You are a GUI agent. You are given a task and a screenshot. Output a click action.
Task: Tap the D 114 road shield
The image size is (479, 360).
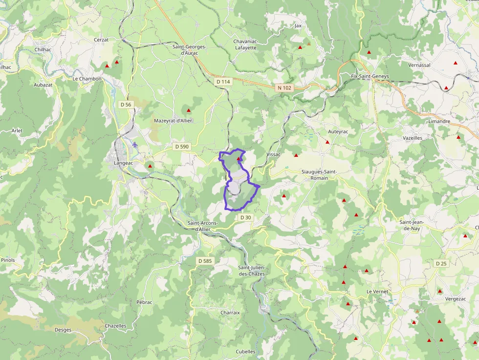point(223,82)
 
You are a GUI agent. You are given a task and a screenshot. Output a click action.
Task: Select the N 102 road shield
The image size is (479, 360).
point(284,88)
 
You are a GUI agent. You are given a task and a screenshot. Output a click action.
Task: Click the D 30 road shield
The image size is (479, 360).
point(245,217)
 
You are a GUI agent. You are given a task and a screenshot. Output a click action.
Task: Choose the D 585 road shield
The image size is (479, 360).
point(205,261)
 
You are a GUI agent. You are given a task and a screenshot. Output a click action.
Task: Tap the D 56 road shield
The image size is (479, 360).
point(126,105)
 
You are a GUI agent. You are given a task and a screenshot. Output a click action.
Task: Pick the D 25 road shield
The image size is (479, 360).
point(441,264)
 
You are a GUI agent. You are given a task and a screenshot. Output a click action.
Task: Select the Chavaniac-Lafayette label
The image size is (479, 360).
point(245,44)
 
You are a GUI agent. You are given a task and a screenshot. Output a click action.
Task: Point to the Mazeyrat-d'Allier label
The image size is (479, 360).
point(173,121)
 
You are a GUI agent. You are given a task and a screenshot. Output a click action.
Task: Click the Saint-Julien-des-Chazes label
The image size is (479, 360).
point(251,271)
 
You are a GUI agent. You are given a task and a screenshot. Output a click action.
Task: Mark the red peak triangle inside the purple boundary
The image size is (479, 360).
point(239,159)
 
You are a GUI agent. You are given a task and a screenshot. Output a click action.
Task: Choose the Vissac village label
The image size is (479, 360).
point(273,154)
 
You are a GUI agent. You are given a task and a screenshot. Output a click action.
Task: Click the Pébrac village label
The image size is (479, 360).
point(145,302)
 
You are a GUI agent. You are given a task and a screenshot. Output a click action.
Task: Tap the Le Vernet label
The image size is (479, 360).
point(377,291)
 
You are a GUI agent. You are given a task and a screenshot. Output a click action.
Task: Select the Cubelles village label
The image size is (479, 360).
point(245,352)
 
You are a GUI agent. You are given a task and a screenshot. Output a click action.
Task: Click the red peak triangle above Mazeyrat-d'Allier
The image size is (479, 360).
point(188,110)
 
